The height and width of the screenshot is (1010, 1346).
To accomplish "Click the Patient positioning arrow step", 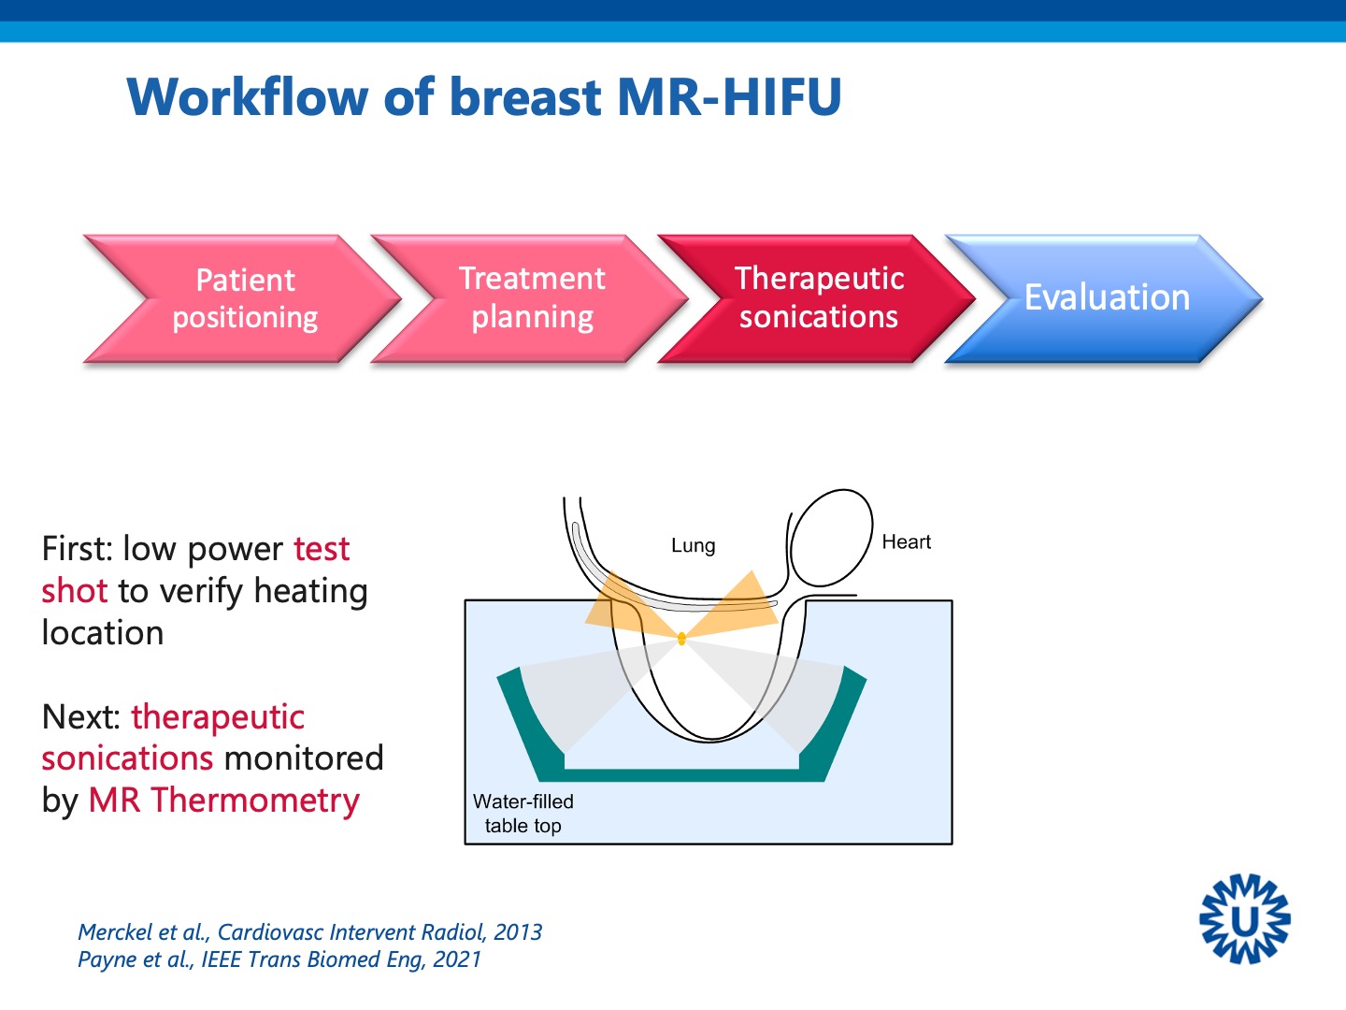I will click(245, 298).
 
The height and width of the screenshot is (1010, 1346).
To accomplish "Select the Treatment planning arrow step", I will click(532, 297).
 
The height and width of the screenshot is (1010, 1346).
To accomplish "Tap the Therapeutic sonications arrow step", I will click(819, 297).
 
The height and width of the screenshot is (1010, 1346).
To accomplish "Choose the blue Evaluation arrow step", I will click(1107, 297).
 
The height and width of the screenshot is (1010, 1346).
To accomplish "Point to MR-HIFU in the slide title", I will click(729, 97).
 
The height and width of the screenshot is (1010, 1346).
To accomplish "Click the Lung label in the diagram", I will click(693, 545).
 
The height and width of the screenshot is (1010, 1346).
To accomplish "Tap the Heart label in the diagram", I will click(906, 542).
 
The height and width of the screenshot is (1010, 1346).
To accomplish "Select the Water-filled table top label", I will click(523, 814).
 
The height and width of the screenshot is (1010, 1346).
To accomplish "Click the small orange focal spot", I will click(681, 639).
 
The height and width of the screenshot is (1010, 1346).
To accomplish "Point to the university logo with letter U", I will click(1244, 919).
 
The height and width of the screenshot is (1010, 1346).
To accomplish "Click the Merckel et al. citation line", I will click(309, 932).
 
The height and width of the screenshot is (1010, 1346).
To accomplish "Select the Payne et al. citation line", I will click(279, 959).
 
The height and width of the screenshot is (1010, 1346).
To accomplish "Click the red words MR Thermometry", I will click(224, 801).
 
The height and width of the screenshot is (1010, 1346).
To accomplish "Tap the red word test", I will click(322, 549).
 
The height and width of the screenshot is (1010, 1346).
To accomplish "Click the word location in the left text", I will click(103, 633).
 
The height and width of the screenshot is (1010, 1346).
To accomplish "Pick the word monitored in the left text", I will click(304, 758).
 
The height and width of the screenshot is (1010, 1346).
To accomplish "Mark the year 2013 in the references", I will click(518, 932).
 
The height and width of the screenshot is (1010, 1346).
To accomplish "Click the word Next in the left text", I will click(79, 717).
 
